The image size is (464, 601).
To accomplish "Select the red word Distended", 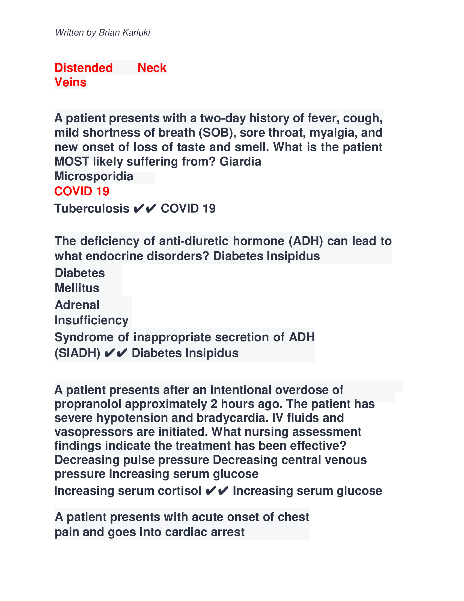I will tap(84, 68).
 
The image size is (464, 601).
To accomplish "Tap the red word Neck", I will tap(152, 68).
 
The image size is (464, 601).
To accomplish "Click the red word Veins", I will tap(70, 82).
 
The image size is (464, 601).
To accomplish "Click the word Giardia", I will tap(240, 161).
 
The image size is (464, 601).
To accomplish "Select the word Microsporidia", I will tap(94, 176).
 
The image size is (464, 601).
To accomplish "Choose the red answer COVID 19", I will tap(82, 191).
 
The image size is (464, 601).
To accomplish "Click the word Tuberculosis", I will tap(92, 209).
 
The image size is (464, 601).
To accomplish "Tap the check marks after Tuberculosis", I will tap(145, 209).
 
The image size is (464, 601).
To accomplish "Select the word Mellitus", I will tap(77, 288).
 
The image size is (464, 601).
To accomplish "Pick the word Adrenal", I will tap(77, 305).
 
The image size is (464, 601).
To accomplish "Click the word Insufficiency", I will tap(91, 320).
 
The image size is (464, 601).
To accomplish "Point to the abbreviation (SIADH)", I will tap(78, 353).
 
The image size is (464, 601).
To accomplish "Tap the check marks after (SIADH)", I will tap(116, 353).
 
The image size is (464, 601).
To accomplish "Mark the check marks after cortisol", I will tap(217, 491).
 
